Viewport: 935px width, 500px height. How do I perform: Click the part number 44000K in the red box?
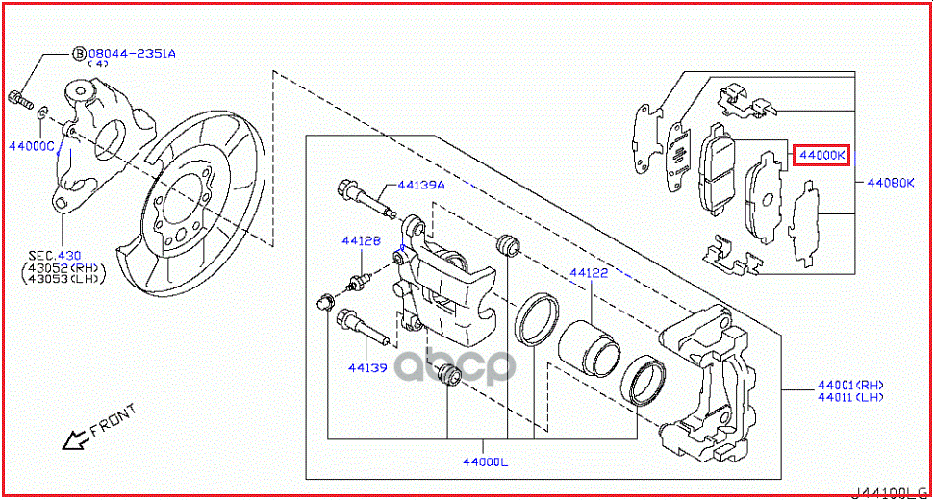tap(820, 155)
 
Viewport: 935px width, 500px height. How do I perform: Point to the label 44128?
tap(364, 241)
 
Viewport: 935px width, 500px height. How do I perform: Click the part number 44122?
tap(589, 273)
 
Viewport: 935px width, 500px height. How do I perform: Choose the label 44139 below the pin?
tap(366, 367)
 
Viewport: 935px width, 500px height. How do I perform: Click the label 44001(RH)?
tap(850, 384)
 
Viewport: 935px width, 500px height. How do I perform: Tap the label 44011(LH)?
tap(850, 396)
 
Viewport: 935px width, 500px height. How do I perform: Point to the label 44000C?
tap(32, 145)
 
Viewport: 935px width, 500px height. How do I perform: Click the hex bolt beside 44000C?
tap(19, 97)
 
